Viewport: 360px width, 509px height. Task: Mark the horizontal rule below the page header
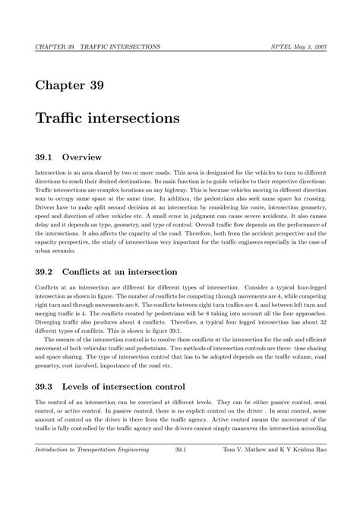180,52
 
